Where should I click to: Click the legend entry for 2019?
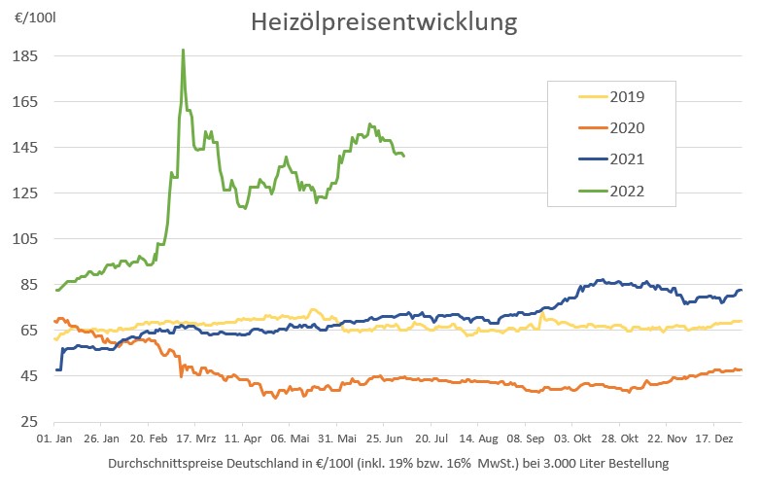pos(627,96)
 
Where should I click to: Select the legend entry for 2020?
pos(627,127)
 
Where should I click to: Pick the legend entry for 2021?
pos(627,158)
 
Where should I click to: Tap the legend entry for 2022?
pos(627,191)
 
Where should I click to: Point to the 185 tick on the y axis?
pos(25,56)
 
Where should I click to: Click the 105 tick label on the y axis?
pos(25,238)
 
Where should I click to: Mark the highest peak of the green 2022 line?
pos(183,50)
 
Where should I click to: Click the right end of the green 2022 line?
pos(403,156)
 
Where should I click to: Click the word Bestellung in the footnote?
pos(637,465)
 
